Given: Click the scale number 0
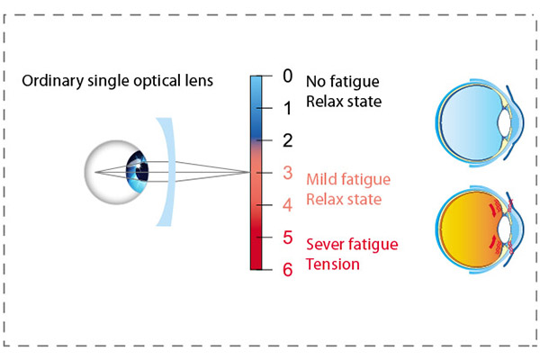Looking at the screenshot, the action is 288,76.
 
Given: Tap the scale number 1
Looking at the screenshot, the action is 288,108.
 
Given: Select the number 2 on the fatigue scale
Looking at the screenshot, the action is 288,140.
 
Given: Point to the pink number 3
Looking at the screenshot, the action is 288,173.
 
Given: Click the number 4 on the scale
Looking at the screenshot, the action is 288,205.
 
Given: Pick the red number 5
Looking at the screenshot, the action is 288,238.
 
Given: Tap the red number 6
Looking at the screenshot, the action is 288,269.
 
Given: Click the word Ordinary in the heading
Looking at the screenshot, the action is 53,81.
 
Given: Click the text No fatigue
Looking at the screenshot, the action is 343,82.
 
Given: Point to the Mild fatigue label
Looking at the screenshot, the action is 348,179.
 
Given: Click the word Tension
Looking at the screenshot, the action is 333,265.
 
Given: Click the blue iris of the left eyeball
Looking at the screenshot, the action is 137,171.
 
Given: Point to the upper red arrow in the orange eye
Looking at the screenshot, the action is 493,210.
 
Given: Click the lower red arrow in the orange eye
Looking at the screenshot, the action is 493,242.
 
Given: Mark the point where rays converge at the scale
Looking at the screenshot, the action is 249,172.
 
